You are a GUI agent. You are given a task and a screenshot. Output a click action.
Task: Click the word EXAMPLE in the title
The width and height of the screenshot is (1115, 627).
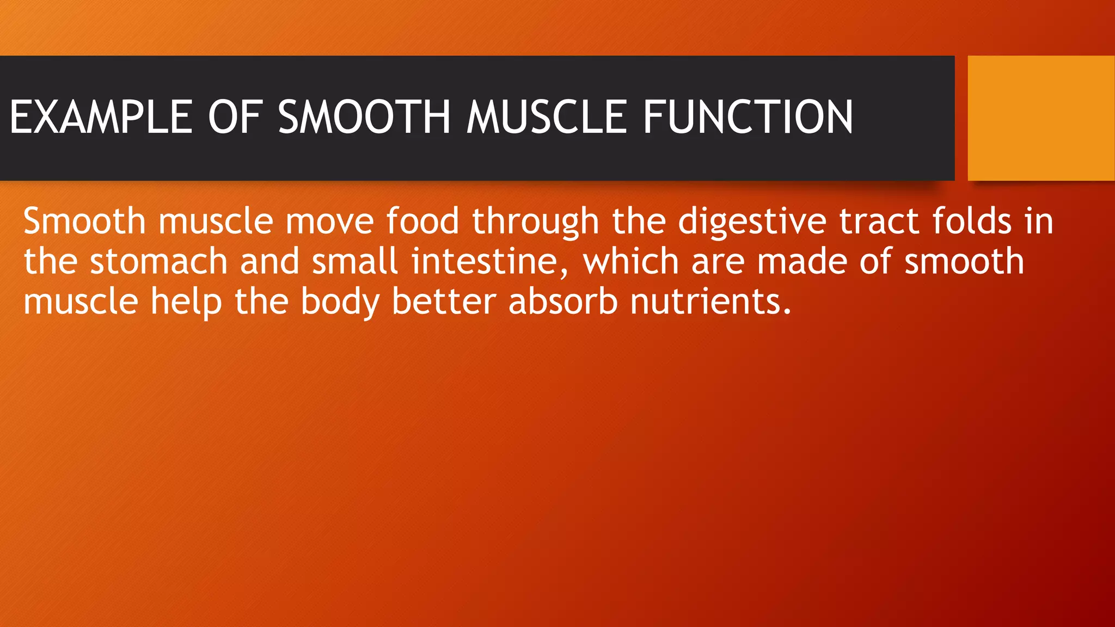[x=101, y=117]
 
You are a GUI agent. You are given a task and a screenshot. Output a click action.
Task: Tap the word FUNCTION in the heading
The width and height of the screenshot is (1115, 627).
[x=748, y=117]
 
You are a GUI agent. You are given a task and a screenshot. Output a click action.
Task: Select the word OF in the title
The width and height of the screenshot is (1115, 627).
[x=235, y=117]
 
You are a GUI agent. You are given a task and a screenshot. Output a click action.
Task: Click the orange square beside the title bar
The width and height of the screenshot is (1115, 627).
[x=1041, y=118]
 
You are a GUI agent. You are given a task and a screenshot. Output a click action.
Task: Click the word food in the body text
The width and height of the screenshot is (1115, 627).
[x=422, y=221]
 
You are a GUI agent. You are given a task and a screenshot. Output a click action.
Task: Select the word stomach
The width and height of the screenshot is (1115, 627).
[x=158, y=261]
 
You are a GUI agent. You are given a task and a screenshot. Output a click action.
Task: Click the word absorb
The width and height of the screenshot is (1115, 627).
[x=563, y=302]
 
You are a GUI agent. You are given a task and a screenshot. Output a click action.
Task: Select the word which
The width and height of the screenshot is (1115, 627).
[x=630, y=261]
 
